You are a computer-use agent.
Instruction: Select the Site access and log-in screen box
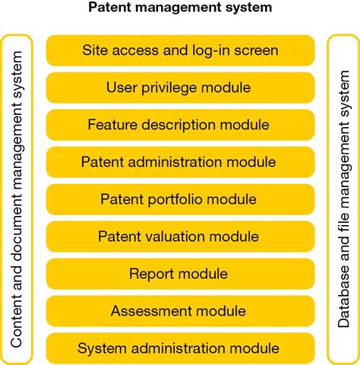pyautogui.click(x=180, y=50)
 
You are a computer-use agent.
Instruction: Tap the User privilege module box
pyautogui.click(x=180, y=87)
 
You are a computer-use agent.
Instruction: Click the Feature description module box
pyautogui.click(x=180, y=125)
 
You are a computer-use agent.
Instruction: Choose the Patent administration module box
pyautogui.click(x=180, y=162)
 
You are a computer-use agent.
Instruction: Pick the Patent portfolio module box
pyautogui.click(x=180, y=199)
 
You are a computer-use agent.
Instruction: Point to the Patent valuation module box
pyautogui.click(x=180, y=236)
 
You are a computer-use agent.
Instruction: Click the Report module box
pyautogui.click(x=180, y=274)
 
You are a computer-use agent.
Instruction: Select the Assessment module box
pyautogui.click(x=180, y=311)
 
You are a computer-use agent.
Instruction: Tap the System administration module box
pyautogui.click(x=180, y=348)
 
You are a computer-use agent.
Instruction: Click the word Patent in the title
pyautogui.click(x=109, y=9)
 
